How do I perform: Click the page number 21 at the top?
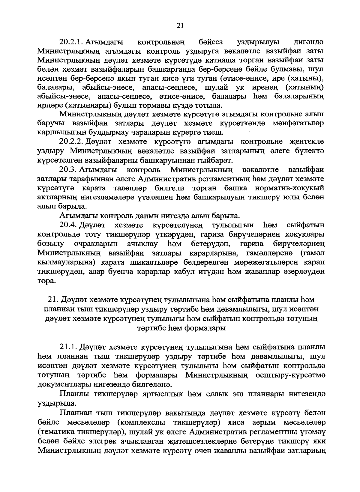tap(180, 26)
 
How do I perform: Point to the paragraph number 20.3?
tap(69, 170)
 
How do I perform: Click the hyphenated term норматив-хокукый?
tap(290, 188)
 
